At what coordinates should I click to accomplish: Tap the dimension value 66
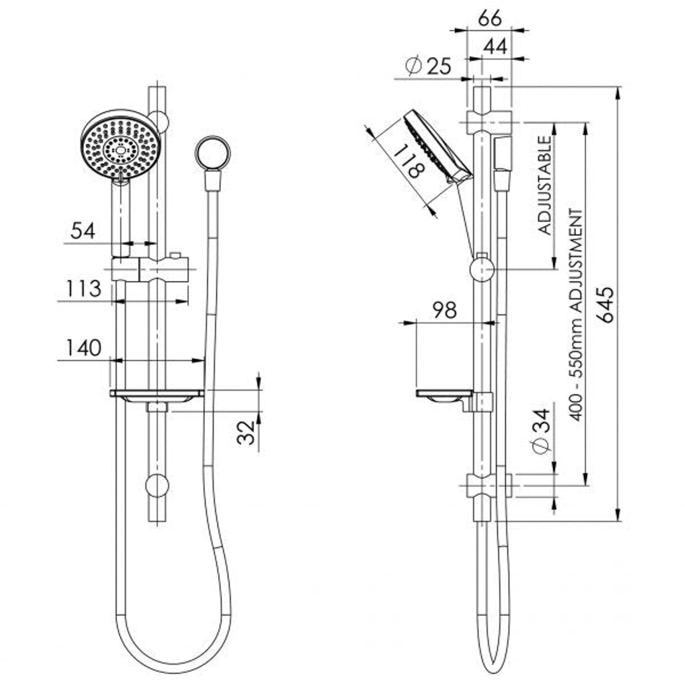489,18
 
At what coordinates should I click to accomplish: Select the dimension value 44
496,46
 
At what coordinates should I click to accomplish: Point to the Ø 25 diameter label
428,66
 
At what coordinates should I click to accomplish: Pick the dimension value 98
445,310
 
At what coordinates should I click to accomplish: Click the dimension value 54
82,230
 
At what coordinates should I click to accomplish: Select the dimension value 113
84,289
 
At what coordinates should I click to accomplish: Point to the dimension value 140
82,348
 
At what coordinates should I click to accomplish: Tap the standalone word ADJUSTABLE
545,185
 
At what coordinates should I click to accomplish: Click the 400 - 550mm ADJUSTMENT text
575,314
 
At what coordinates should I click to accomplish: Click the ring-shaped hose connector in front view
212,153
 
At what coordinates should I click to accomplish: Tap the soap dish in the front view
157,395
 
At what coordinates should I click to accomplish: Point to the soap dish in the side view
444,395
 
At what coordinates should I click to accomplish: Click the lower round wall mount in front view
157,486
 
